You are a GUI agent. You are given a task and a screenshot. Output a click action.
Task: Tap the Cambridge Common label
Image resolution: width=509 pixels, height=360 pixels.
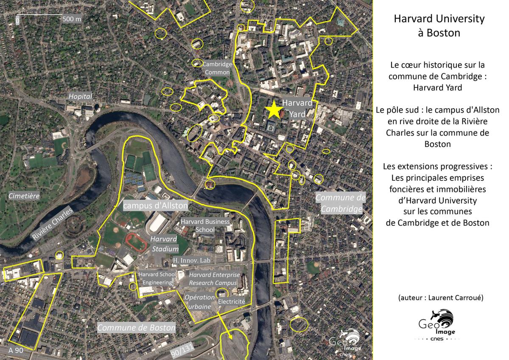(217, 68)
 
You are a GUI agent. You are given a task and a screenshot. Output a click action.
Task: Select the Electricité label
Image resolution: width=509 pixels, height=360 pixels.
(231, 301)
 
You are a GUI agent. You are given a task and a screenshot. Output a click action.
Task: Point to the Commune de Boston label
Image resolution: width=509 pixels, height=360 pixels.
(136, 328)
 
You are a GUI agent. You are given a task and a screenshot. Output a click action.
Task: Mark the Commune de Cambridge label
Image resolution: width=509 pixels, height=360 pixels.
(341, 203)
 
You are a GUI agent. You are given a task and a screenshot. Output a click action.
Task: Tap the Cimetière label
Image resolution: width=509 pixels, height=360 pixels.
(24, 196)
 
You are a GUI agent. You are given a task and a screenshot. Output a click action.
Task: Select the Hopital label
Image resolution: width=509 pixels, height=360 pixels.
(81, 97)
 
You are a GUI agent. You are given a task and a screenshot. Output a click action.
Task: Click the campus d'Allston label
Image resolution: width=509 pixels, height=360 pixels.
(155, 205)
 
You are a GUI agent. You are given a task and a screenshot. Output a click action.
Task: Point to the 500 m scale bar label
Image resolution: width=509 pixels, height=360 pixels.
(72, 19)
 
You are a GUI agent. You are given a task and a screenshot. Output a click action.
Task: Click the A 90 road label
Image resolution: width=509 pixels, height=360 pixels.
(15, 350)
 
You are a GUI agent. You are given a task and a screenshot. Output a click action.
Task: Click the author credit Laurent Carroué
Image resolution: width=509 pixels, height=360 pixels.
(441, 297)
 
